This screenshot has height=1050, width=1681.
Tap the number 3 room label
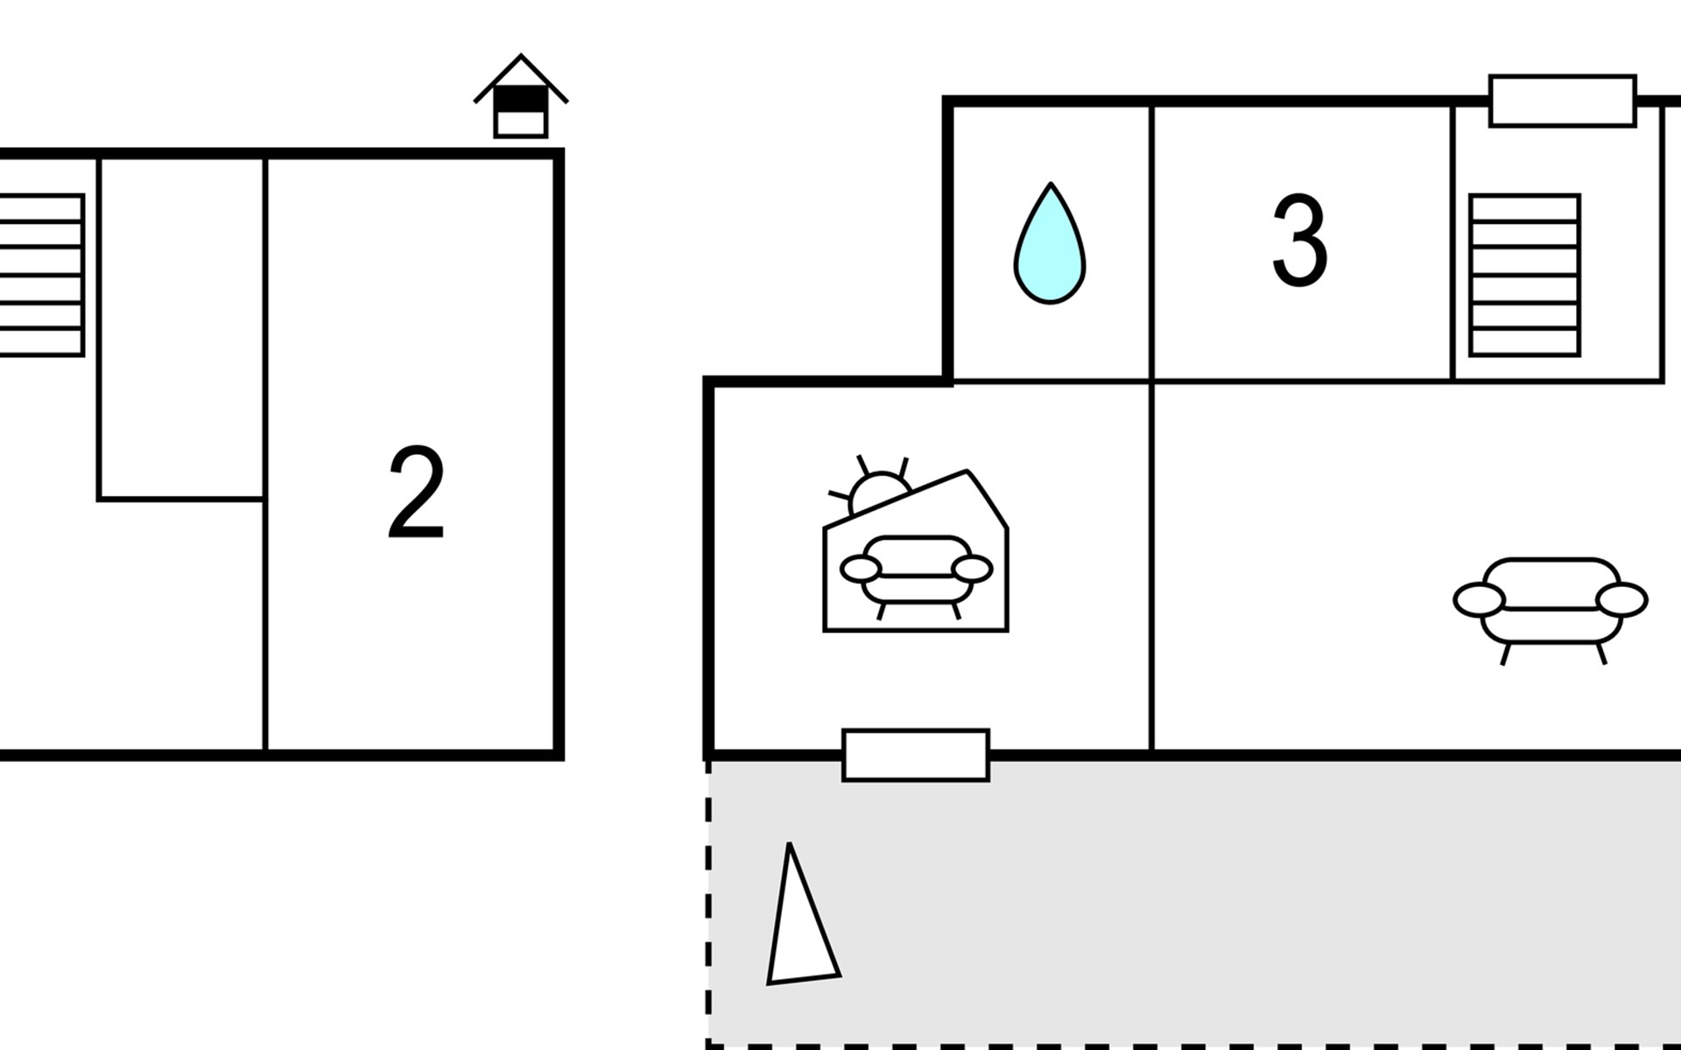click(1299, 241)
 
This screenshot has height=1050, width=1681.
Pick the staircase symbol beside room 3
click(1524, 275)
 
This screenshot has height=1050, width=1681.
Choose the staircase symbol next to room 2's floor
click(41, 275)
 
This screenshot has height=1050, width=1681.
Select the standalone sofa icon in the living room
click(1551, 608)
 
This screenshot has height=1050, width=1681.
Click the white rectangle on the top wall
click(1563, 101)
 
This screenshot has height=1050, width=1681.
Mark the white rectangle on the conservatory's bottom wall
click(916, 755)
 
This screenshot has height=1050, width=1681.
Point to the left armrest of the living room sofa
click(1480, 601)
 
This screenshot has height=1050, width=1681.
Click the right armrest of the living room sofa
click(1621, 601)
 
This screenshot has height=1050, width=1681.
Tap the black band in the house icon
click(521, 101)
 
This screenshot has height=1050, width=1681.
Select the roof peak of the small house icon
click(521, 56)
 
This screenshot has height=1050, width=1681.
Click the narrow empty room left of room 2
click(182, 328)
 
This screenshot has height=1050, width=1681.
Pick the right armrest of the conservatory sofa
click(972, 570)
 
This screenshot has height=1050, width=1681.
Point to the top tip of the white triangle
click(790, 844)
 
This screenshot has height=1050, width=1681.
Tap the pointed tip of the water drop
click(1051, 184)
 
